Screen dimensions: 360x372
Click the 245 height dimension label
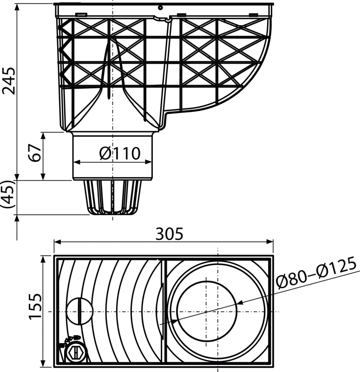tap(9, 81)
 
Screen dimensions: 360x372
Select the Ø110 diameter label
tap(120, 153)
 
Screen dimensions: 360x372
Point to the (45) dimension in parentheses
tap(8, 194)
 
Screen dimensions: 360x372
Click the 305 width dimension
tap(170, 234)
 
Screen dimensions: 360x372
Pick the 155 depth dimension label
tap(35, 307)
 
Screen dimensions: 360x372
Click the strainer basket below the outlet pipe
tap(112, 197)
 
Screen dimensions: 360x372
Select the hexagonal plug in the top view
tap(76, 352)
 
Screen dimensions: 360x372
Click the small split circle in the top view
tap(79, 311)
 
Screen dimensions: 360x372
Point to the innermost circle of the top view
tap(207, 311)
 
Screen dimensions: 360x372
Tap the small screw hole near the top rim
tap(160, 8)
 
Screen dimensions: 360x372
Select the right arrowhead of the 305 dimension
tap(270, 242)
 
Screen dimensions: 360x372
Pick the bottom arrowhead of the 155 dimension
tap(43, 363)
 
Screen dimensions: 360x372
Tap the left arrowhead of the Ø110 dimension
tap(77, 162)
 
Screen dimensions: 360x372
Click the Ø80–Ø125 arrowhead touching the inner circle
tap(240, 303)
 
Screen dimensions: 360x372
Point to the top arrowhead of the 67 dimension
tap(43, 136)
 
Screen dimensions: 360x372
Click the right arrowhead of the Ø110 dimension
tap(148, 162)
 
